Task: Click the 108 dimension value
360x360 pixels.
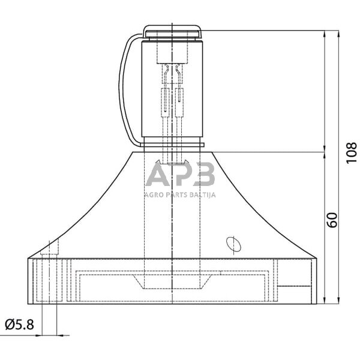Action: (x=351, y=153)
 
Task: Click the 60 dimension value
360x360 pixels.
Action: (x=332, y=220)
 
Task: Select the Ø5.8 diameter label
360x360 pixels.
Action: (x=20, y=325)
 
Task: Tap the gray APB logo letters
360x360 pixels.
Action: (x=181, y=174)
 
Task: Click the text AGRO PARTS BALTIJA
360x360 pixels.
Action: (x=181, y=195)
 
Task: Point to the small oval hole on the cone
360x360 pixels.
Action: (x=233, y=245)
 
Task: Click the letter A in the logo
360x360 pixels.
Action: (x=157, y=174)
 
